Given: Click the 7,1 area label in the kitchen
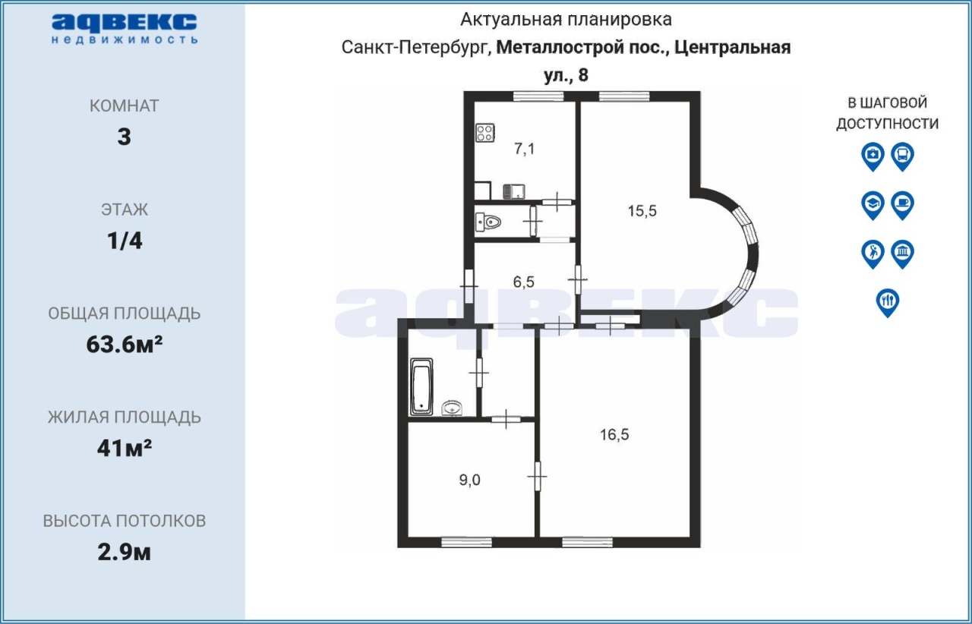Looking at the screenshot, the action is (x=524, y=149).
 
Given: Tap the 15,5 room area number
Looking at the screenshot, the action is (x=642, y=211).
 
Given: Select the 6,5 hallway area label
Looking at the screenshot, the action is (x=524, y=282).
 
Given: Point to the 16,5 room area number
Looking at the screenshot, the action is (x=614, y=434).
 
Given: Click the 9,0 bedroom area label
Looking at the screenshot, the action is (x=469, y=480).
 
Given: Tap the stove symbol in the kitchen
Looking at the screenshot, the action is (x=485, y=133).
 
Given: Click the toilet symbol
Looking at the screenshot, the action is (x=488, y=222).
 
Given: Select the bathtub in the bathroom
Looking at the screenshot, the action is (x=421, y=386).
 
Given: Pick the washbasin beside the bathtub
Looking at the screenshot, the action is (x=452, y=408).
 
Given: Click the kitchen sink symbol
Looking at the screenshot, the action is (x=514, y=191).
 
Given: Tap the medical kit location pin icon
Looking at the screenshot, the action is (x=873, y=156).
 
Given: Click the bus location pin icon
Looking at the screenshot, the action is (x=903, y=156).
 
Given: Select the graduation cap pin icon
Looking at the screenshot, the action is (x=873, y=205).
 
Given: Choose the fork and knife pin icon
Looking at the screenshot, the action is (x=888, y=303).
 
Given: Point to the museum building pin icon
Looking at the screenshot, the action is (x=903, y=254).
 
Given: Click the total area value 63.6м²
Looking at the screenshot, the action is (x=125, y=345).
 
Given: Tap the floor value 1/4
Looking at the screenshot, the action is (x=125, y=241).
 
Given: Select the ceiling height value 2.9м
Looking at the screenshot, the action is (x=124, y=553).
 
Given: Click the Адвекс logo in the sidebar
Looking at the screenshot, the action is (x=125, y=29).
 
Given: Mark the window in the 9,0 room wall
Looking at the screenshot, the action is (x=466, y=542).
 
